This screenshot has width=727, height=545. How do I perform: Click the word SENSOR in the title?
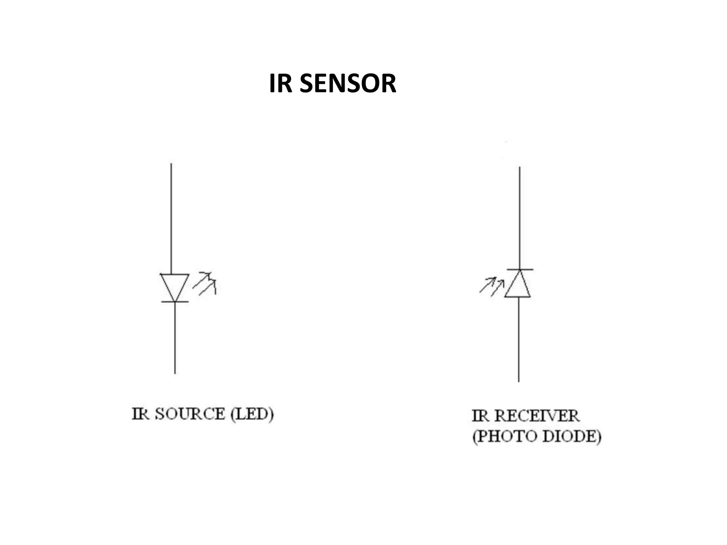348,83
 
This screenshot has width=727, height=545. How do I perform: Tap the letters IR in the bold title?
280,83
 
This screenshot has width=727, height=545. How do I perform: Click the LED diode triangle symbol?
174,286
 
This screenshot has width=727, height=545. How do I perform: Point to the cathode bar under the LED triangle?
175,302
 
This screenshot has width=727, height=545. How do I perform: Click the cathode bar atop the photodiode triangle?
520,270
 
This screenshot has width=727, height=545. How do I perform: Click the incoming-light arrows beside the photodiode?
492,286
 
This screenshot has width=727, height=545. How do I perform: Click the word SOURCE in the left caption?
190,414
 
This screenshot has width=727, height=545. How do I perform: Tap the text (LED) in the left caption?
252,414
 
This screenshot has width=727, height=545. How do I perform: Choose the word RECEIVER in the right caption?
537,416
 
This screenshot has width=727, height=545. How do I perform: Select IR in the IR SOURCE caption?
140,414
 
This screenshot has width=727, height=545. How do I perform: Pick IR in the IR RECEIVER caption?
480,416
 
